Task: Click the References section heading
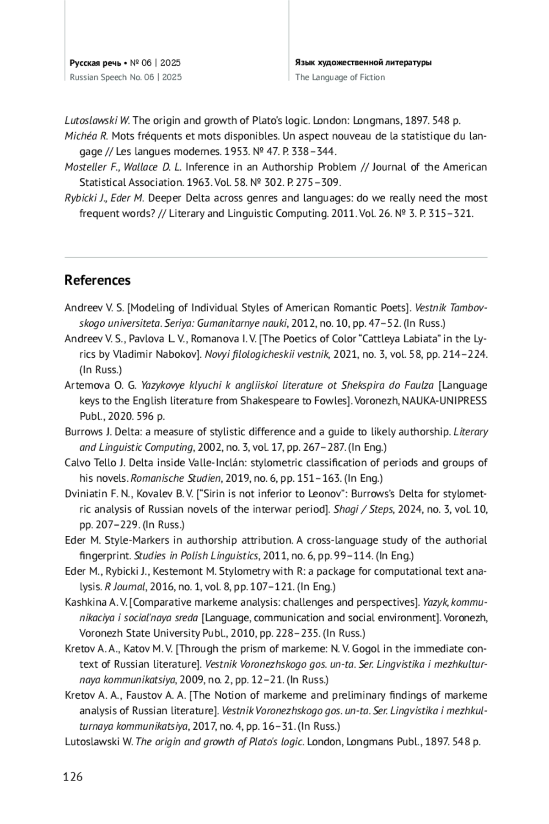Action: coord(97,280)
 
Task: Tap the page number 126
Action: coord(73,776)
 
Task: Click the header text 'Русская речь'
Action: coord(95,63)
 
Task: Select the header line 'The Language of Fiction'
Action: coord(340,77)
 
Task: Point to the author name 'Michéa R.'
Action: coord(86,136)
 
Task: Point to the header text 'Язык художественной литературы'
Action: coord(363,63)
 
